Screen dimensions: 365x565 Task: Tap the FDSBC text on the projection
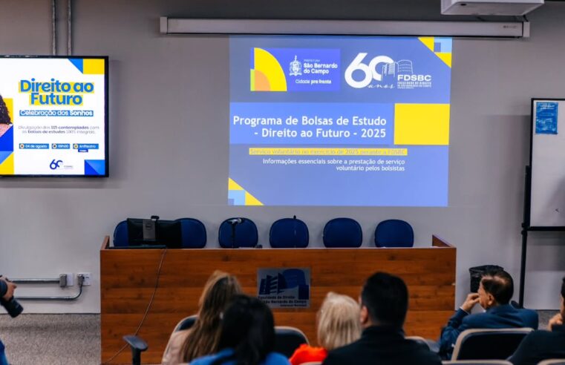(x=414, y=77)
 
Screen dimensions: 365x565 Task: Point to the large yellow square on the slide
(x=421, y=123)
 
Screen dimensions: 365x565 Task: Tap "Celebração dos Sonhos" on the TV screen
(x=56, y=113)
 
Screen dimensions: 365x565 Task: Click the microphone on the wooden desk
(x=235, y=222)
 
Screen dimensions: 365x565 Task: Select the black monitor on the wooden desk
(x=154, y=233)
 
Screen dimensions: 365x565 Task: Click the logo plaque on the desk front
(x=283, y=286)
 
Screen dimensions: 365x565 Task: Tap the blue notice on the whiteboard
(x=546, y=118)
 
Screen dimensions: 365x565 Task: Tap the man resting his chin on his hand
(x=491, y=304)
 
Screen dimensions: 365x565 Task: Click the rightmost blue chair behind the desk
(x=394, y=233)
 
